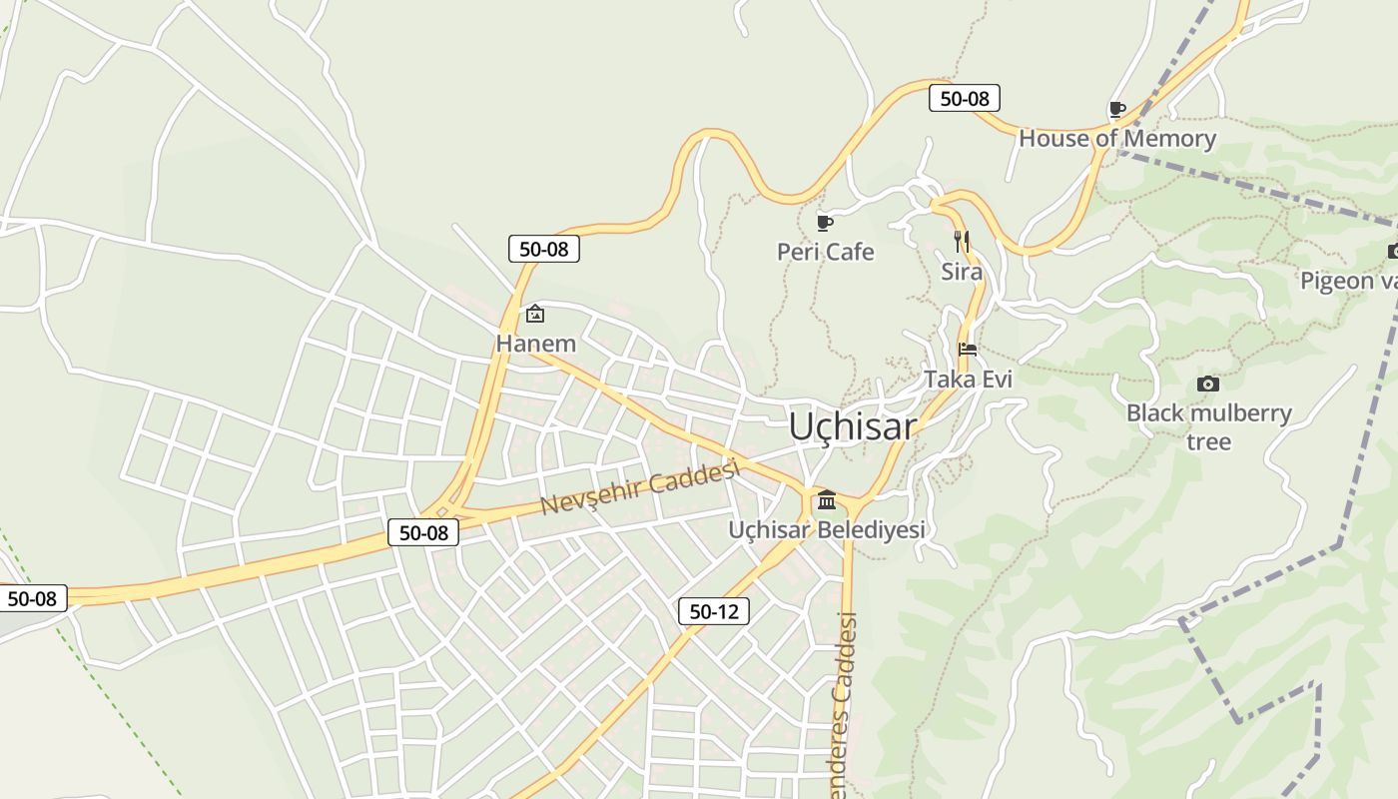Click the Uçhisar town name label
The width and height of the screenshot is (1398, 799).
(x=852, y=426)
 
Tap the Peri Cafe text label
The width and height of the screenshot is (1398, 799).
(x=825, y=252)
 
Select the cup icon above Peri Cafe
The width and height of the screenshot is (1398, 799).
(x=824, y=222)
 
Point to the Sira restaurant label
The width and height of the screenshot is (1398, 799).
(x=962, y=272)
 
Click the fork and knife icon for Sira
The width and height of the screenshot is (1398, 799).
(x=962, y=241)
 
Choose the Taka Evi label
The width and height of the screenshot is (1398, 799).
(x=968, y=380)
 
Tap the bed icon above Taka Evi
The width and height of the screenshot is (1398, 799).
(x=967, y=350)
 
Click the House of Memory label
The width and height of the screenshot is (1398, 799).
(x=1117, y=138)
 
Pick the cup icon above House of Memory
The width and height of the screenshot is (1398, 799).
(x=1117, y=108)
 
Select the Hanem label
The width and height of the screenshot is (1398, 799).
(x=536, y=344)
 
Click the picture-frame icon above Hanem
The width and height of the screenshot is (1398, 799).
(x=535, y=314)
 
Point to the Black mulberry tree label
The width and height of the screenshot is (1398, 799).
(x=1208, y=426)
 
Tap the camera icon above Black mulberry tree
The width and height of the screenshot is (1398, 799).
(x=1207, y=384)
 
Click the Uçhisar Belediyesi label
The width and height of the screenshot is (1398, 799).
(x=827, y=529)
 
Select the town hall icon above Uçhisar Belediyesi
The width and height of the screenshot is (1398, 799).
(x=827, y=499)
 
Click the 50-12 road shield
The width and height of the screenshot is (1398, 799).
(x=714, y=611)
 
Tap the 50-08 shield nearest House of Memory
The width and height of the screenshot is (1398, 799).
(x=965, y=98)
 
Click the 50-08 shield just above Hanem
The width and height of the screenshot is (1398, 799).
(x=544, y=249)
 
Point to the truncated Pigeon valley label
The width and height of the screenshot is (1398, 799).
(x=1348, y=281)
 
